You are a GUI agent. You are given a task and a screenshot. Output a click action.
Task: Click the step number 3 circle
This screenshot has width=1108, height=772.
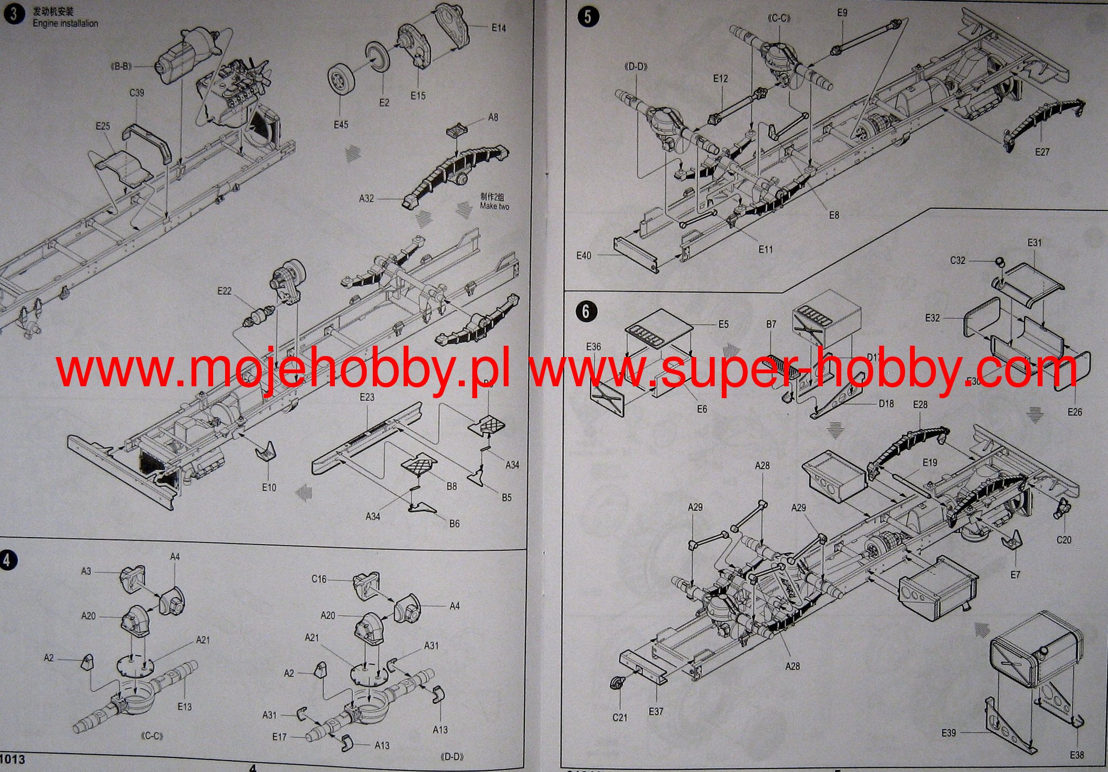(14, 14)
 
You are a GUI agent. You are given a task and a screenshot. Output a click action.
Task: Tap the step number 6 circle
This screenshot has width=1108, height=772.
(586, 311)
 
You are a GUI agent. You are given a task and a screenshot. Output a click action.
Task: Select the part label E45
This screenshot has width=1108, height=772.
(341, 125)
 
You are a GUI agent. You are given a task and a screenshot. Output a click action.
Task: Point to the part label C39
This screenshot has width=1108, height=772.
(137, 93)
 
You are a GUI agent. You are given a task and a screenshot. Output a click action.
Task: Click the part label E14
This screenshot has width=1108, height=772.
(499, 28)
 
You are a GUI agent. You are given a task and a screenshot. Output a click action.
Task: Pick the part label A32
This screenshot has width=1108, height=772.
(366, 199)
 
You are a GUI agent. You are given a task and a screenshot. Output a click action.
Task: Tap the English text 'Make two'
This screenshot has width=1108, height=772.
(494, 207)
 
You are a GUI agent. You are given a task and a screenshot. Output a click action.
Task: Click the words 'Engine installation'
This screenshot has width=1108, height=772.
(65, 24)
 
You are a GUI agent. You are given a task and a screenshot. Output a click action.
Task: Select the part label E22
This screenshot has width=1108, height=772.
(224, 291)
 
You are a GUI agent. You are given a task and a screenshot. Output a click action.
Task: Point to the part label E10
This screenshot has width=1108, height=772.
(269, 487)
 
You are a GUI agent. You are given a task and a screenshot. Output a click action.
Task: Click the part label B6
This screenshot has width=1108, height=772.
(454, 524)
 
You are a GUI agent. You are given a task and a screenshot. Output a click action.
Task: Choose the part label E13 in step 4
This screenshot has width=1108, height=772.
(184, 707)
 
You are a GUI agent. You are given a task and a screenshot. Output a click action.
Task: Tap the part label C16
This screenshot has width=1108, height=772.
(319, 579)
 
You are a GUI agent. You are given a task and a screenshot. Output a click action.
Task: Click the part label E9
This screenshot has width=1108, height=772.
(842, 12)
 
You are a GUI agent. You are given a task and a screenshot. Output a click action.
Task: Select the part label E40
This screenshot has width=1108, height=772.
(584, 255)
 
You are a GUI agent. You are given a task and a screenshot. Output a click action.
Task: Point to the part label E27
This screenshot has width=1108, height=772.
(1042, 152)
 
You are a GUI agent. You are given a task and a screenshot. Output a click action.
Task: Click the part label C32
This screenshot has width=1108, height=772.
(958, 260)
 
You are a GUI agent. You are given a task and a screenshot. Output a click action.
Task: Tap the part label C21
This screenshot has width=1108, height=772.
(620, 717)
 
